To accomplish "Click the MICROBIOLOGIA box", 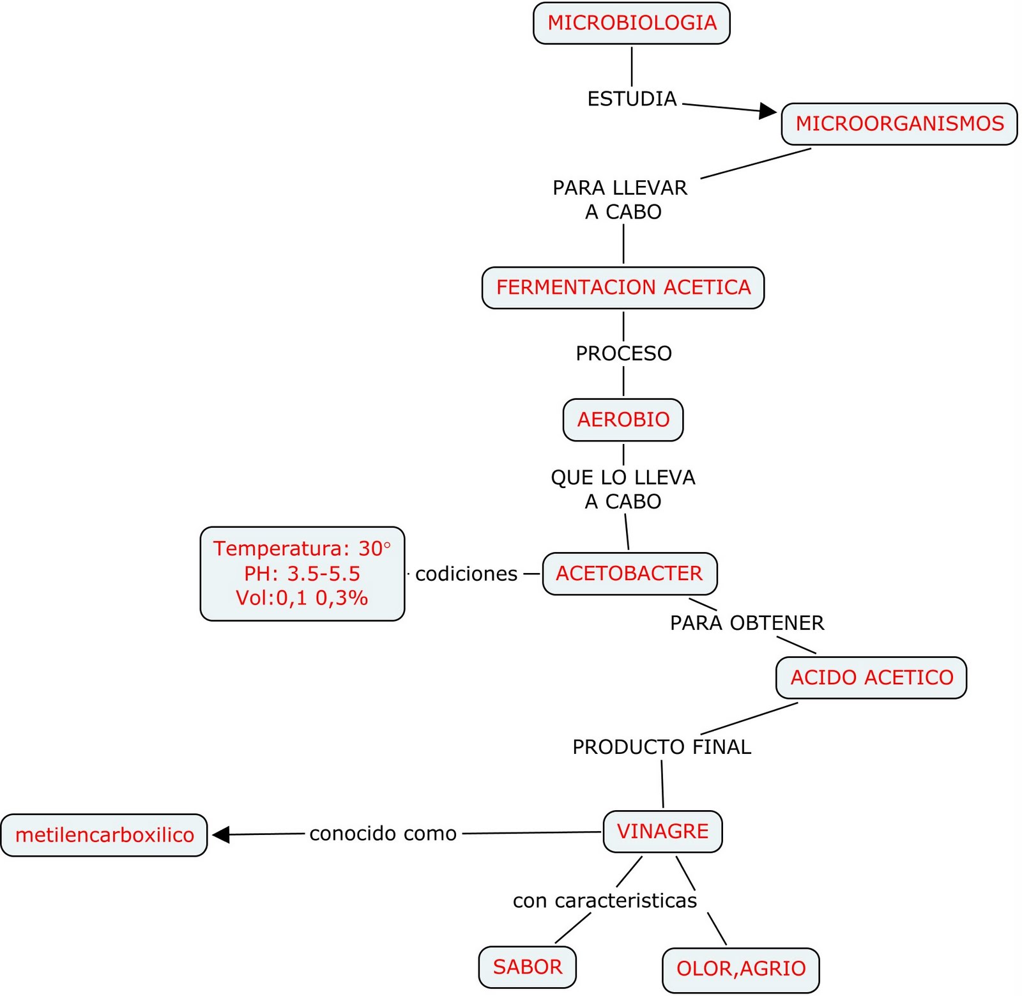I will tap(631, 23).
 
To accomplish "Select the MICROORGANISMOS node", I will tap(899, 124).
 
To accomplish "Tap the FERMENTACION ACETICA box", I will tap(623, 287).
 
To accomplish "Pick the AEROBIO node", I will tap(623, 420).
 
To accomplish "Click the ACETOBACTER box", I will tap(629, 574).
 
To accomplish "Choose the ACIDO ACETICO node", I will tap(871, 677).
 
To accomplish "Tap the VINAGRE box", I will tap(662, 831).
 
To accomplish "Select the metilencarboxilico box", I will tap(104, 835).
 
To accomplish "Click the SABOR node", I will tap(527, 967).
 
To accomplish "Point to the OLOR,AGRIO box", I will tap(740, 969).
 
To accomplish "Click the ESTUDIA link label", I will tap(632, 99).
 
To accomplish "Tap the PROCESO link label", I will tap(623, 353).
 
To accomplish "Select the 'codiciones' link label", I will tap(466, 574).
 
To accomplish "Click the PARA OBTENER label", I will tap(747, 623).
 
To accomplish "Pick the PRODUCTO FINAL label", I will tap(661, 747).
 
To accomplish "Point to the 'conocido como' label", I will tap(383, 834).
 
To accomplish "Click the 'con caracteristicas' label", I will tap(604, 901).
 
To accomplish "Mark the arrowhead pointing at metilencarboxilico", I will tap(220, 834).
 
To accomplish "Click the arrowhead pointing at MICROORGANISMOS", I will tap(767, 111).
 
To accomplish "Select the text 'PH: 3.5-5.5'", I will tap(302, 574).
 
